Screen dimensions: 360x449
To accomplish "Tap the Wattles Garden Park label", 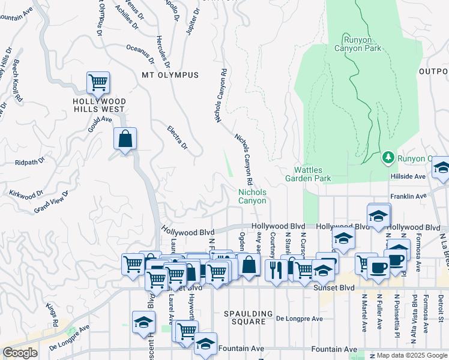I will (x=312, y=174).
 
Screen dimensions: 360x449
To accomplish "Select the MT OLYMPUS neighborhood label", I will (x=170, y=75).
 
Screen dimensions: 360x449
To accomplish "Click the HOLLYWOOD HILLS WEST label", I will (x=98, y=105).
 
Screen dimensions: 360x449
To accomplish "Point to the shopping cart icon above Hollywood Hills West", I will (x=98, y=82).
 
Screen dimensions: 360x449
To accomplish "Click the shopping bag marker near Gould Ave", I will (x=125, y=139).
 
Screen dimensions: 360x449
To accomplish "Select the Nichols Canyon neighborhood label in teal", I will (x=253, y=196).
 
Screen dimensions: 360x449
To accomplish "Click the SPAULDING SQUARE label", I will (x=244, y=317).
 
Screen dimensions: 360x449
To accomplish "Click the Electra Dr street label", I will (x=178, y=137).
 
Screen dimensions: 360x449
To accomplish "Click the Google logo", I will (x=20, y=353).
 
